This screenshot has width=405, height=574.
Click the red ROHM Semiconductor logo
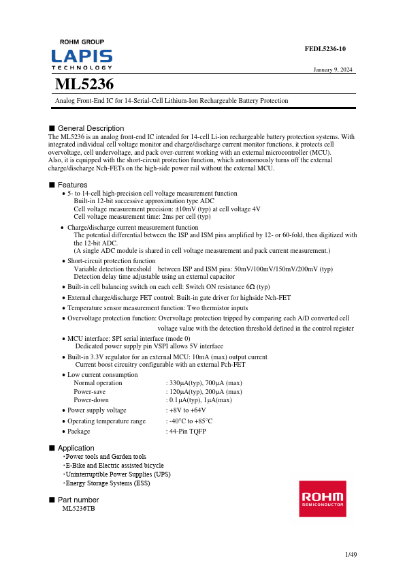tap(323, 498)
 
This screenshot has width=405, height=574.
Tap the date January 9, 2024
tap(333, 70)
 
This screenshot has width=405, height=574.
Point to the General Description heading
tap(91, 128)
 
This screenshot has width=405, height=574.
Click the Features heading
tap(72, 185)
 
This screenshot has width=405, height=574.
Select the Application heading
tap(76, 448)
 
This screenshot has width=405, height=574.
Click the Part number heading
tap(78, 500)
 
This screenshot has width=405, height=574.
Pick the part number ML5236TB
tap(78, 509)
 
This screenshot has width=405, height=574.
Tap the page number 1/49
tap(351, 555)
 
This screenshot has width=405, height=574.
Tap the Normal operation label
tap(98, 383)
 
